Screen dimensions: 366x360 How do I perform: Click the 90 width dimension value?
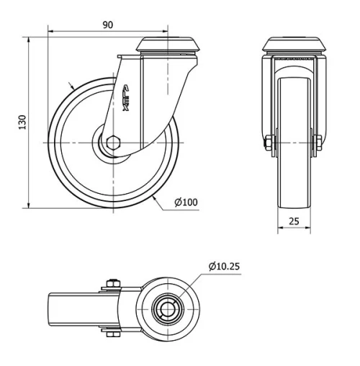tap(108, 24)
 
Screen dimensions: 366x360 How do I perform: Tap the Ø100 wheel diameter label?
tap(186, 202)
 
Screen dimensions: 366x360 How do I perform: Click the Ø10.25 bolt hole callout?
tap(224, 267)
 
